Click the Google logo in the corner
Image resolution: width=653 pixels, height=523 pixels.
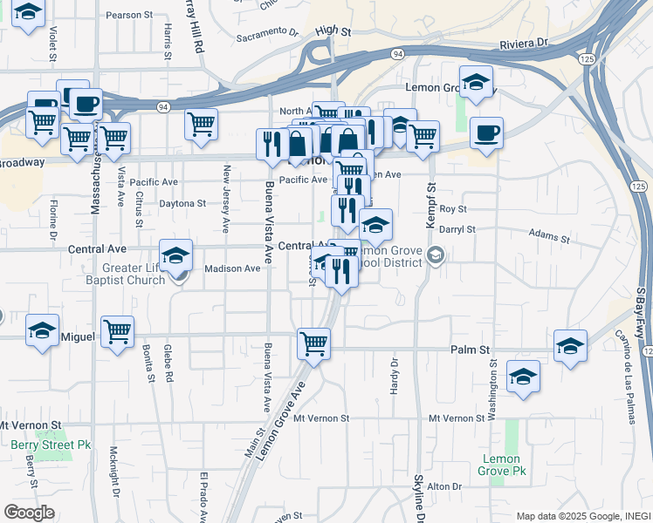29,513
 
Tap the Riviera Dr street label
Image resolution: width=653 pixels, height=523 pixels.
523,42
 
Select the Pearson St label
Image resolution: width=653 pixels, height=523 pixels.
129,15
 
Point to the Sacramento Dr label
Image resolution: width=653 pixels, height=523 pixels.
267,34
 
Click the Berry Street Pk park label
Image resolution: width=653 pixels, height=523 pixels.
52,444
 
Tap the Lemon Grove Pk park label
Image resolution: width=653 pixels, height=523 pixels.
501,465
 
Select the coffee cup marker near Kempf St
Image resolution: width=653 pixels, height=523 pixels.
486,132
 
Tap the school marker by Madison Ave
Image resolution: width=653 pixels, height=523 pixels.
175,255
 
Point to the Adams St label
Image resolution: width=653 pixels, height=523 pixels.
549,236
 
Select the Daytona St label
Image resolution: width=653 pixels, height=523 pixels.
182,203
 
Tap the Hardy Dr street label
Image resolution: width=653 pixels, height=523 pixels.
394,374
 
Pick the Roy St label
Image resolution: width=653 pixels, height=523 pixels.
453,209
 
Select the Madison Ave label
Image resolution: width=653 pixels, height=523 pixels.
232,268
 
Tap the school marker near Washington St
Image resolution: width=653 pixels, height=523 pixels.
523,377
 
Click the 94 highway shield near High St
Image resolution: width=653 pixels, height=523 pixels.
396,54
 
